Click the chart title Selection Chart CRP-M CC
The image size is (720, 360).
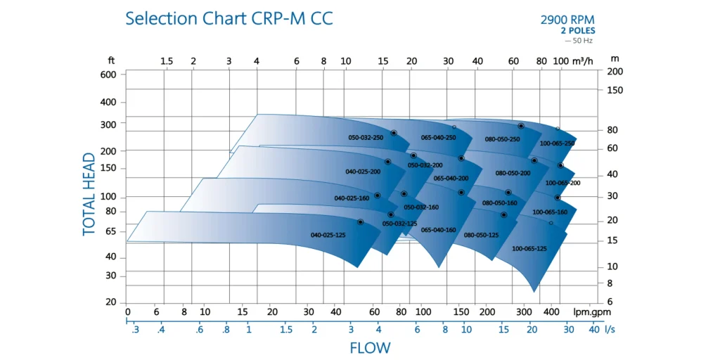pyautogui.click(x=229, y=18)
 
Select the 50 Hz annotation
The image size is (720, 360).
pyautogui.click(x=580, y=40)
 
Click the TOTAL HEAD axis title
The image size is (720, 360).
pyautogui.click(x=89, y=194)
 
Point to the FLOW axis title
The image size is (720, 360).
pyautogui.click(x=370, y=348)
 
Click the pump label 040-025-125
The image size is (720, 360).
pyautogui.click(x=327, y=235)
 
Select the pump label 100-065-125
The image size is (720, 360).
pyautogui.click(x=529, y=249)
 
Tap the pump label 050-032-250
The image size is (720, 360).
pyautogui.click(x=366, y=138)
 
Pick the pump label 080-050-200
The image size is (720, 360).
pyautogui.click(x=513, y=173)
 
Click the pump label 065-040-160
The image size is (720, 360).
pyautogui.click(x=438, y=230)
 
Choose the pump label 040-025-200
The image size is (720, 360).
pyautogui.click(x=363, y=172)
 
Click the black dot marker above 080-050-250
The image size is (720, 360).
pyautogui.click(x=521, y=126)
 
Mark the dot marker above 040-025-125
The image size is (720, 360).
pyautogui.click(x=361, y=222)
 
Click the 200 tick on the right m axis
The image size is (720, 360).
pyautogui.click(x=615, y=72)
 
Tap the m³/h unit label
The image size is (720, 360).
pyautogui.click(x=583, y=61)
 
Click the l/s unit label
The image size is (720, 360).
pyautogui.click(x=610, y=329)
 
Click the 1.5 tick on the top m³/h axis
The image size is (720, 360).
pyautogui.click(x=167, y=61)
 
